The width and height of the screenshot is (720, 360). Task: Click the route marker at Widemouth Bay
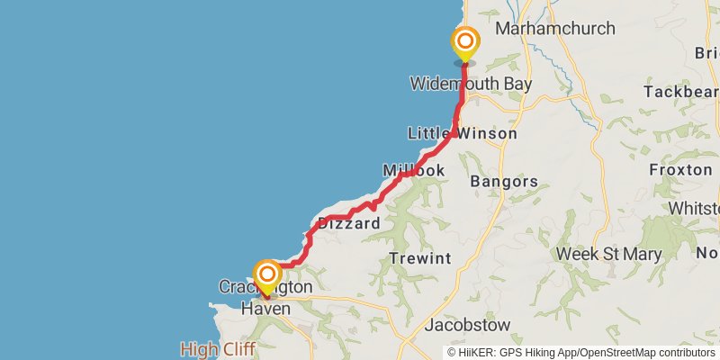click(x=465, y=42)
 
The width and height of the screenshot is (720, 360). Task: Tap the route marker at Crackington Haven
click(x=267, y=275)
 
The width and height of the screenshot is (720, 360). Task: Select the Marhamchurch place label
click(x=555, y=29)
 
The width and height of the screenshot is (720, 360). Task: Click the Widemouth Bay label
click(x=470, y=84)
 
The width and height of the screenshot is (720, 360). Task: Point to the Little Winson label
click(x=463, y=133)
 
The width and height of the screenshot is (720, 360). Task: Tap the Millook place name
click(x=414, y=170)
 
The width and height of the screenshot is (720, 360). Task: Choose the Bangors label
click(x=504, y=181)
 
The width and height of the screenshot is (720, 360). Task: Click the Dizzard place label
click(x=348, y=223)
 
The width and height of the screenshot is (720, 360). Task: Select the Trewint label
click(x=420, y=258)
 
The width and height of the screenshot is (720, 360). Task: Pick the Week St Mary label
click(x=608, y=254)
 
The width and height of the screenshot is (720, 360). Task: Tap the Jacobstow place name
click(x=467, y=324)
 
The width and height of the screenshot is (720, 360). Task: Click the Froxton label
click(x=680, y=169)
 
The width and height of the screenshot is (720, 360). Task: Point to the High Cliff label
click(x=217, y=348)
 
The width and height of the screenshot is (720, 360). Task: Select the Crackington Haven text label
click(x=265, y=298)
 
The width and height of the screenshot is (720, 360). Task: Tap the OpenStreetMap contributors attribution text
click(x=645, y=352)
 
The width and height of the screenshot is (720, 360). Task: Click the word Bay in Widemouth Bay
click(x=515, y=84)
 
